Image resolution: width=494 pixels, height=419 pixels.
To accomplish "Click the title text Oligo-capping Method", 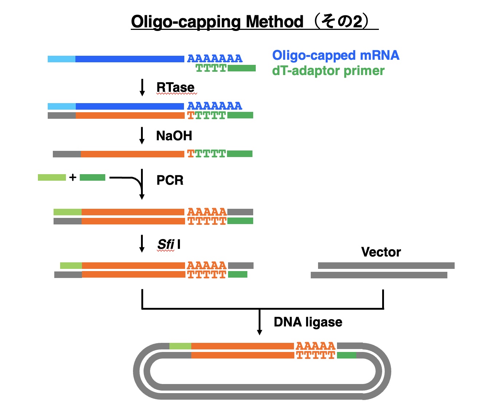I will coord(217,22).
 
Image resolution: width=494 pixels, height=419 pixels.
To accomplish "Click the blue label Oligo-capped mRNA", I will coord(336,55).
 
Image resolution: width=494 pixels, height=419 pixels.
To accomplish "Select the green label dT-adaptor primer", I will coord(328,71).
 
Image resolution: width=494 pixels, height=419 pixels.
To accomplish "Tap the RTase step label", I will coord(175,87).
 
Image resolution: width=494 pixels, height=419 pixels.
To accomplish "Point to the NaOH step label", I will coord(174,136).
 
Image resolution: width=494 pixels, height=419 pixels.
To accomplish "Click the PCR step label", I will coord(170,180).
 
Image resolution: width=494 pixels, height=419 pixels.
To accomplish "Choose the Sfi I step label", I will coord(169,244).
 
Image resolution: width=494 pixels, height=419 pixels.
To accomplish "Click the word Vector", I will coord(381,252).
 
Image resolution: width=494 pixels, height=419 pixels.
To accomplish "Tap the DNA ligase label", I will coord(308,322).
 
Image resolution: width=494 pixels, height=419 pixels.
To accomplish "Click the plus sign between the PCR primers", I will coord(73,177).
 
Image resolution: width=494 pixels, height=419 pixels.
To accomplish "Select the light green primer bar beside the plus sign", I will coord(52,177).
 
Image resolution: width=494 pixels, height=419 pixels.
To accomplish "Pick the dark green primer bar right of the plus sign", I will coord(93,177).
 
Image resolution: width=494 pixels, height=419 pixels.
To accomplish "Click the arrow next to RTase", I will coord(142,87).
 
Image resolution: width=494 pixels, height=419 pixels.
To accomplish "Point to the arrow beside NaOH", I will coord(142,136).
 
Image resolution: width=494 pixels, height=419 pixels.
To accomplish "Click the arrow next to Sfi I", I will coord(142,243).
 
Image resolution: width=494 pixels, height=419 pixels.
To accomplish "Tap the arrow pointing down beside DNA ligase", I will coord(259,322).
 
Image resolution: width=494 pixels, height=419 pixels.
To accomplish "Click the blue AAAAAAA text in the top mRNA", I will coord(215,58).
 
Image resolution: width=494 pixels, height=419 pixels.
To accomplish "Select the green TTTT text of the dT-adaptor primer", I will coord(211,68).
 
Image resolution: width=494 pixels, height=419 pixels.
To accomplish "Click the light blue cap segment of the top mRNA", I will coord(62,59).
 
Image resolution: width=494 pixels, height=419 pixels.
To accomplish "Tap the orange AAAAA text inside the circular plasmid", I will coord(315,346).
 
